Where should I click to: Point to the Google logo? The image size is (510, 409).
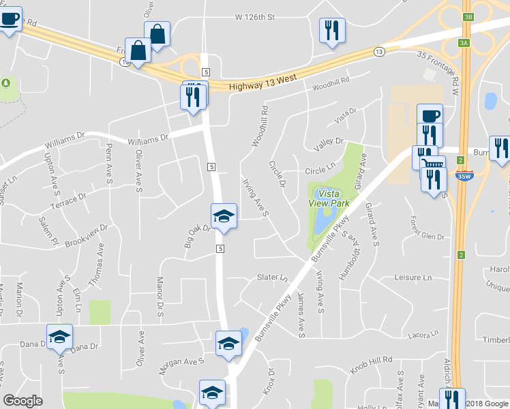click(x=22, y=401)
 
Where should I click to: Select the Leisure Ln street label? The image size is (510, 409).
click(x=414, y=277)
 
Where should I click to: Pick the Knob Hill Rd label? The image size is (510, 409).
click(x=372, y=359)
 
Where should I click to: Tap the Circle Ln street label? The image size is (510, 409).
click(x=320, y=168)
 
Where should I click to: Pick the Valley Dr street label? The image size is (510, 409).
click(x=328, y=142)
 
